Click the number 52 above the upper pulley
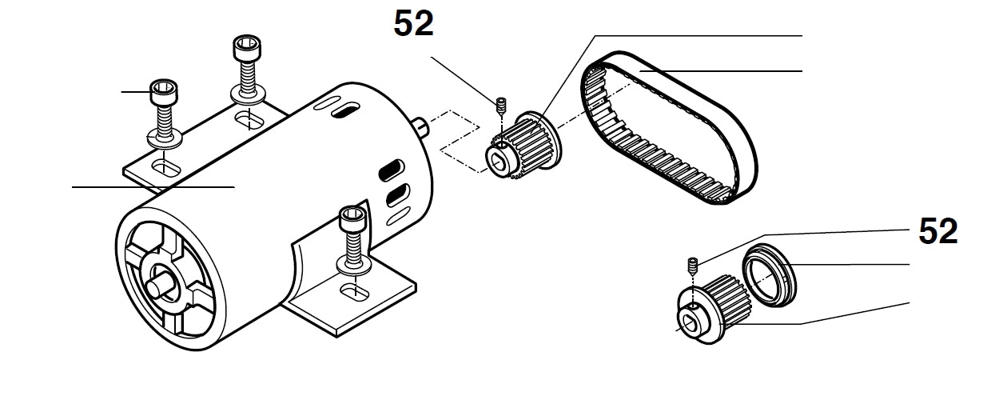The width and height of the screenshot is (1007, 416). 413,24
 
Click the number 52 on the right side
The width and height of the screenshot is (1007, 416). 937,232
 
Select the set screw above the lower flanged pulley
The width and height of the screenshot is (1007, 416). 694,263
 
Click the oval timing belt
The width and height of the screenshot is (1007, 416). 671,128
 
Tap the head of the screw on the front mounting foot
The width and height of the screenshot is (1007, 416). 352,217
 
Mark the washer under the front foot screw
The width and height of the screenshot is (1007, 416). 352,263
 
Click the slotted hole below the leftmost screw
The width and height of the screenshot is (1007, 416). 165,167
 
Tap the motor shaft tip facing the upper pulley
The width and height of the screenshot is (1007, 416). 418,124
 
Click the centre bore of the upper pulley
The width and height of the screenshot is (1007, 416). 500,163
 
